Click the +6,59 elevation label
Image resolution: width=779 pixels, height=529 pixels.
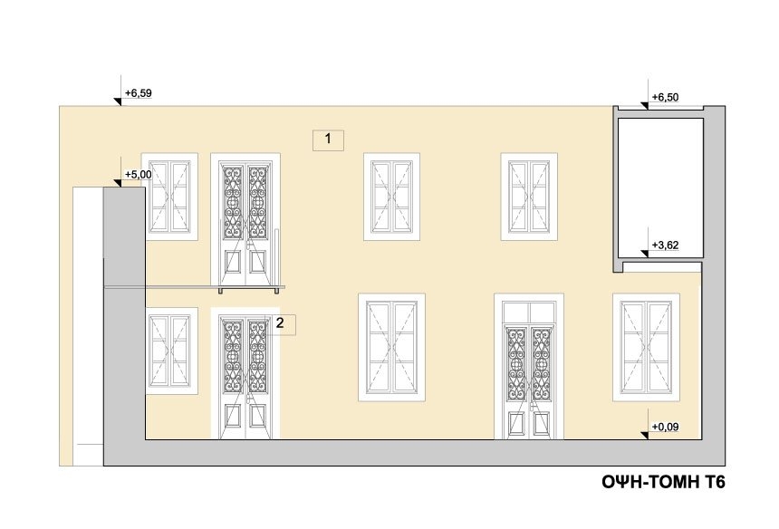(x=138, y=93)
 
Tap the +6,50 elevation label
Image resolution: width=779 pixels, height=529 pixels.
(x=665, y=97)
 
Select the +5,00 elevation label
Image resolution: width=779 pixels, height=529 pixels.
(x=138, y=174)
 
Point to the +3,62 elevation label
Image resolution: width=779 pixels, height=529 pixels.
(x=665, y=245)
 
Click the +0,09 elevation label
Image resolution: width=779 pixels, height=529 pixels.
(x=665, y=427)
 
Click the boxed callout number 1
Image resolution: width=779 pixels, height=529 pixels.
(x=328, y=139)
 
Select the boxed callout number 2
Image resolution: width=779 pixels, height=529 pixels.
(x=280, y=324)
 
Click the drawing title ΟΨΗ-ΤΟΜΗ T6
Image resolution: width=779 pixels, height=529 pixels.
(x=663, y=482)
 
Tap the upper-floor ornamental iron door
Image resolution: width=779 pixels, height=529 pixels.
(x=245, y=220)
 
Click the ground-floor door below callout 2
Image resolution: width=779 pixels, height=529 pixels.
(x=245, y=373)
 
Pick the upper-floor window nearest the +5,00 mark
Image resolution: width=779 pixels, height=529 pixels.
(x=170, y=197)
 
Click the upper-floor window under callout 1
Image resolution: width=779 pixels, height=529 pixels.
(x=391, y=197)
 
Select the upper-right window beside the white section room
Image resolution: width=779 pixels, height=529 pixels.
(x=529, y=197)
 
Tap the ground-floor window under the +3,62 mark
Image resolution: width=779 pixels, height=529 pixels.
(x=646, y=347)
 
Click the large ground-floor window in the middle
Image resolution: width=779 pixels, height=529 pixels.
(x=391, y=347)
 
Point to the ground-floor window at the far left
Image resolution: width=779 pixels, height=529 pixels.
(x=170, y=351)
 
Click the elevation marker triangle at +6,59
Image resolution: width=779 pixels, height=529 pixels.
(x=119, y=101)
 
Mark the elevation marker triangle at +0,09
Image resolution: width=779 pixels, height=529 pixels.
(x=645, y=436)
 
